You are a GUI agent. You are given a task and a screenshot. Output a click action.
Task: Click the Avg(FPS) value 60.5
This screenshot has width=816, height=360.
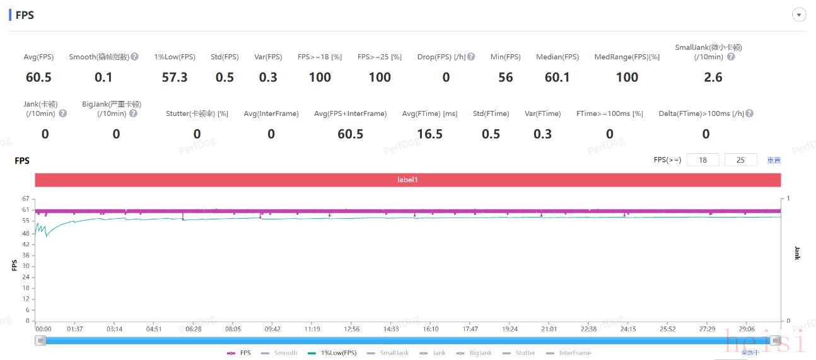coord(38,78)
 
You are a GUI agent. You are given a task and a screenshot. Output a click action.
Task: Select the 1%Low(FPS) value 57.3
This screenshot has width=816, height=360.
coord(175,78)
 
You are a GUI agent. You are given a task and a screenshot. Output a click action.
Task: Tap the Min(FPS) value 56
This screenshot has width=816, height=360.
coord(505,78)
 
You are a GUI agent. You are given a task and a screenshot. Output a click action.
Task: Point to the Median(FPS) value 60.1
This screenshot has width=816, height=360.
coord(557,78)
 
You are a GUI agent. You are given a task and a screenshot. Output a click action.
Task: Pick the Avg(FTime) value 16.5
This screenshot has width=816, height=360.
coord(429,134)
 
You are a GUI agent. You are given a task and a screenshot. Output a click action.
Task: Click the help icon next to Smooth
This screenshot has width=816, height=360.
coord(135,57)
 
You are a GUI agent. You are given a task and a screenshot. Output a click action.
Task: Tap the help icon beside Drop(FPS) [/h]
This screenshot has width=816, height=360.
coord(471,57)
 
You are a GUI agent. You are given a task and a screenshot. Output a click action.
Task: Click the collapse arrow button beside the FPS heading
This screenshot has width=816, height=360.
coord(799,15)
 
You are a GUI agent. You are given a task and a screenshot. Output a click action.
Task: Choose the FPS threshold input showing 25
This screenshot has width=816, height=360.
coord(740,160)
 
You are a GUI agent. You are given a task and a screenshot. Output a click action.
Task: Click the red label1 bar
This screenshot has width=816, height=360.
coord(407,180)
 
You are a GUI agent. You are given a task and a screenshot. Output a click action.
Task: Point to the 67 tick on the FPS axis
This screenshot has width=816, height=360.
coord(26,199)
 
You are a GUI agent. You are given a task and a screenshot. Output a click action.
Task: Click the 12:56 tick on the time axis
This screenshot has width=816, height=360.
coord(351,329)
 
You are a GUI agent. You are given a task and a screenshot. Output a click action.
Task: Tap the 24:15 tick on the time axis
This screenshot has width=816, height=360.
coord(628,329)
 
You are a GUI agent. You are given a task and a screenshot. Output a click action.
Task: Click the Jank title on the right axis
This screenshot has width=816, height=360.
coord(796,253)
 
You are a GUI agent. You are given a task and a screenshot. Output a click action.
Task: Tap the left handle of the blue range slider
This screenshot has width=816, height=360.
coord(41,340)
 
